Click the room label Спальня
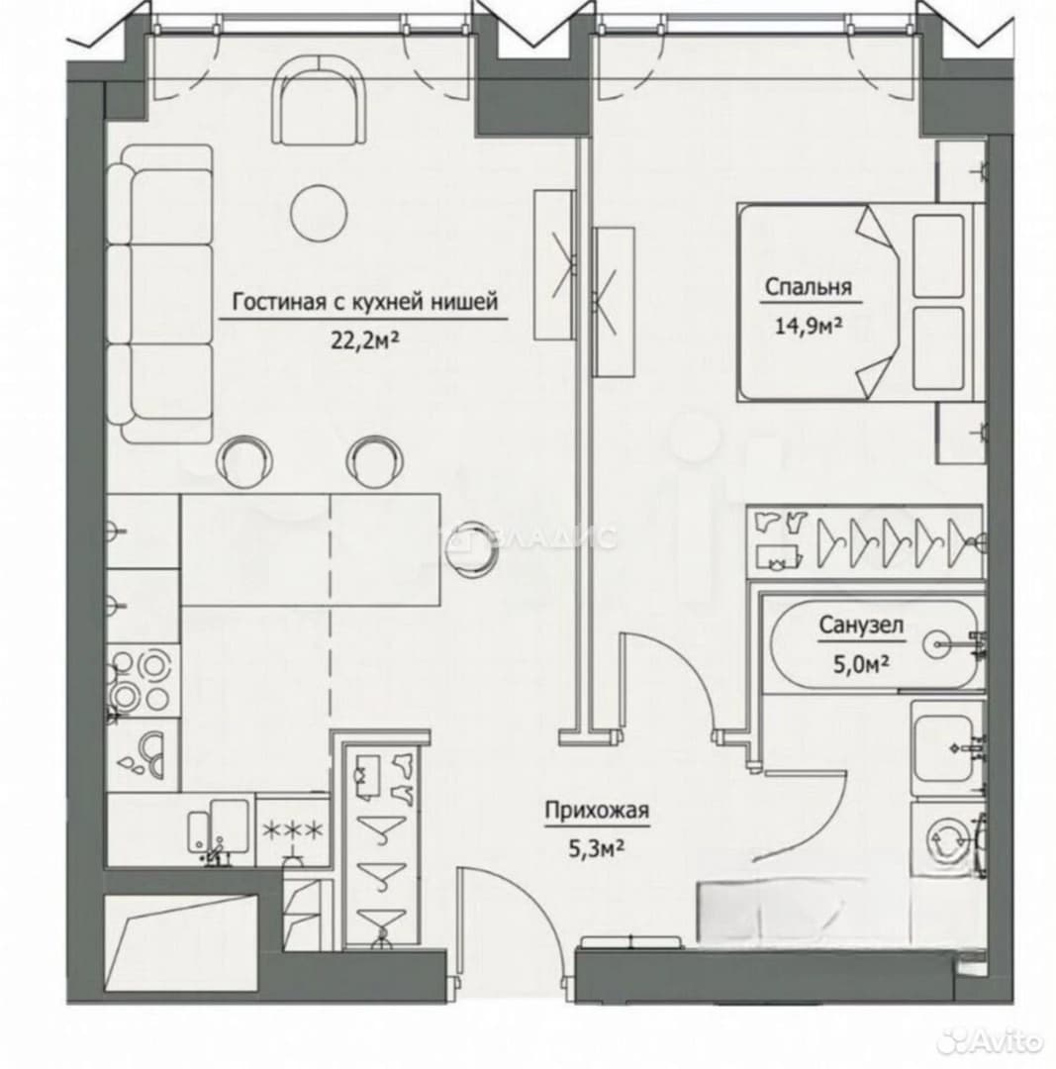(x=808, y=287)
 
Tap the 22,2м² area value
(x=365, y=340)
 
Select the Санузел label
(x=861, y=626)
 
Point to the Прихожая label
(x=597, y=811)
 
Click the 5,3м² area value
(x=597, y=849)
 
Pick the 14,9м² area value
(x=809, y=326)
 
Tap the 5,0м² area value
(x=862, y=663)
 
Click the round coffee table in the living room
(x=319, y=213)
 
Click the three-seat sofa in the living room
(x=160, y=294)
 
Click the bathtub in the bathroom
(x=873, y=644)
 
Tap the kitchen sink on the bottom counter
(x=219, y=826)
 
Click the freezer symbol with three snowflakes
(x=293, y=829)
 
